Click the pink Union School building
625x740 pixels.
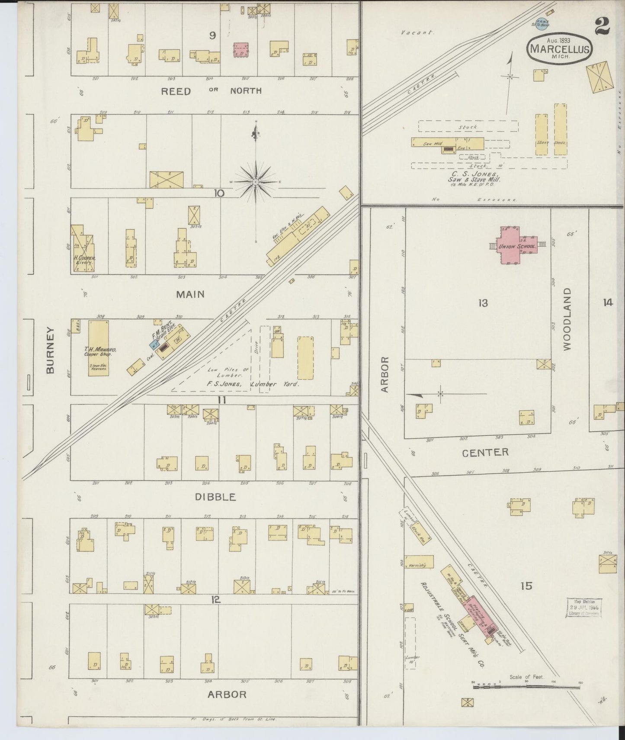tap(514, 246)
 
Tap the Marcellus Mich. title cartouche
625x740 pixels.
tap(559, 48)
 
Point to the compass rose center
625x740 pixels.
tap(256, 182)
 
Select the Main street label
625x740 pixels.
tap(190, 294)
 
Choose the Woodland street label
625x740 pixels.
tap(567, 319)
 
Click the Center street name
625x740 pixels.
tap(485, 452)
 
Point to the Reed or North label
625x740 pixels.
tap(211, 91)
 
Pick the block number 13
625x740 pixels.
tap(483, 303)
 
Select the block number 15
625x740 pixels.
tap(526, 586)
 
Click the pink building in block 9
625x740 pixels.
tap(241, 49)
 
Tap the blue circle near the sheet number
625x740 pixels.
tap(541, 25)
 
